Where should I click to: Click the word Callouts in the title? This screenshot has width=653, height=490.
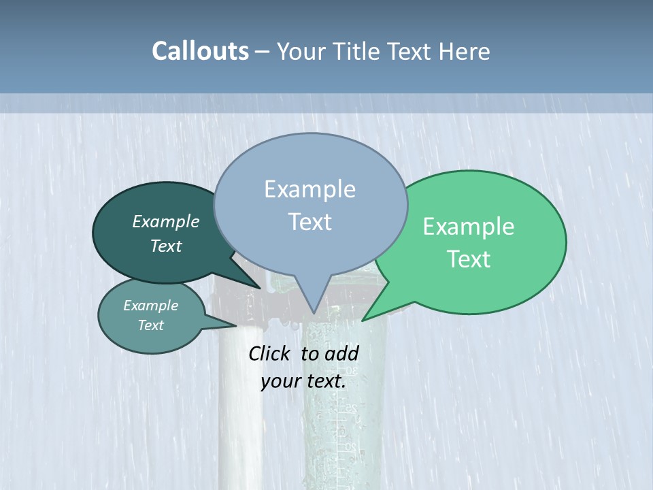click(x=200, y=51)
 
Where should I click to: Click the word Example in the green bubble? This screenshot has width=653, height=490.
click(x=469, y=226)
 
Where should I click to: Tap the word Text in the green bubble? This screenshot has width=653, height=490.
click(x=469, y=259)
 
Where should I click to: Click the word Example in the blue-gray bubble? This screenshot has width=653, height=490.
click(x=310, y=189)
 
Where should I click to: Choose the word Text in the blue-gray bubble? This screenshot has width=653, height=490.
click(x=310, y=221)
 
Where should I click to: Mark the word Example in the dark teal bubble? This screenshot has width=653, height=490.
click(x=166, y=221)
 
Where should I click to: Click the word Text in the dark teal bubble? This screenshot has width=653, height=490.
click(x=166, y=246)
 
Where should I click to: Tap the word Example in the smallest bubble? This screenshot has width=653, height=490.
click(x=151, y=306)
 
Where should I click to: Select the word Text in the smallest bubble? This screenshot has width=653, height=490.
click(x=151, y=325)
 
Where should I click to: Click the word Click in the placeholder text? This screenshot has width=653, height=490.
click(x=271, y=353)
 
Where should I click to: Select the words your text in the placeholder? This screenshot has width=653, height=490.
click(x=303, y=381)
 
